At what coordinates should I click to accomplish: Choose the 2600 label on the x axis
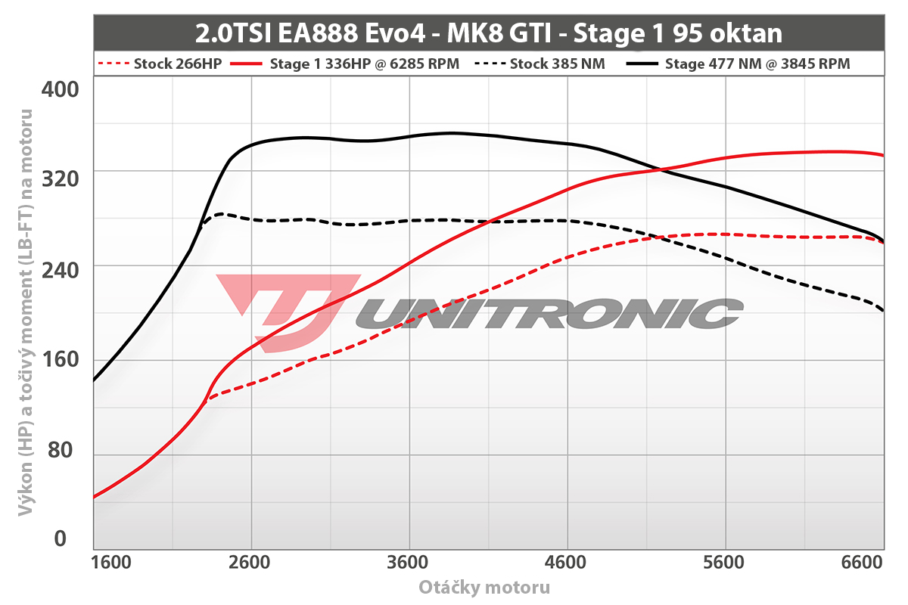250,564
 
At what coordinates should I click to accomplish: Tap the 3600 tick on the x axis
409,564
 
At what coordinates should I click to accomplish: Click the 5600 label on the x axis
725,564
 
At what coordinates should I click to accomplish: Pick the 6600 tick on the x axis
863,564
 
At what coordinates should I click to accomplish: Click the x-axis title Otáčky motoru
484,588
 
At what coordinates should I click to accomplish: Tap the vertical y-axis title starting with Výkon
24,314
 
